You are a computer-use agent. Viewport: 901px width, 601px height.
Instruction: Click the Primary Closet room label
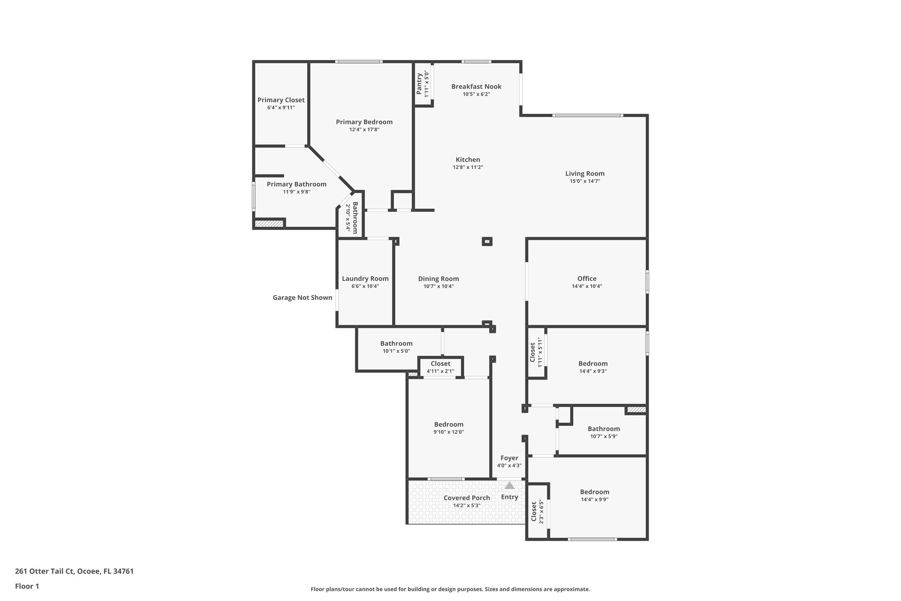(x=281, y=100)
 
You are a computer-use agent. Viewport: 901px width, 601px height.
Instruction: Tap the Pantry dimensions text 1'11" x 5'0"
(x=426, y=84)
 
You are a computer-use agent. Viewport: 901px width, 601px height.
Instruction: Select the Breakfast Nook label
(x=476, y=87)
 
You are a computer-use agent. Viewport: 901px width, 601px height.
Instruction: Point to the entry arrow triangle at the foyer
(x=509, y=486)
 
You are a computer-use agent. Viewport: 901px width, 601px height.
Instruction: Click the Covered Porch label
(x=466, y=498)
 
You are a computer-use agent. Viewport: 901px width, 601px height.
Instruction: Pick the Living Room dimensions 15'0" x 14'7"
(x=585, y=181)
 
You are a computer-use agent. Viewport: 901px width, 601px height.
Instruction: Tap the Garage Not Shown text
(x=302, y=298)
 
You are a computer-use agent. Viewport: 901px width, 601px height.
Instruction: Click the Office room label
(x=587, y=279)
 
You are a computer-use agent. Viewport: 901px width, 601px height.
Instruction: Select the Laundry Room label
(x=365, y=279)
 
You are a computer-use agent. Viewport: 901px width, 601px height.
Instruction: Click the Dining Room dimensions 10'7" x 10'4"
(x=438, y=286)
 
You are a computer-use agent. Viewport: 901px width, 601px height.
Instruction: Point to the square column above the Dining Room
(x=487, y=241)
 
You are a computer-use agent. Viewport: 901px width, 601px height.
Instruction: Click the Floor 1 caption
(x=27, y=586)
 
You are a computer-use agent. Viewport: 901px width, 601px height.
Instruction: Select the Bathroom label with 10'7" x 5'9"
(x=604, y=429)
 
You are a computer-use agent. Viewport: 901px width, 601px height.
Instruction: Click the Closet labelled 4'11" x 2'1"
(x=440, y=364)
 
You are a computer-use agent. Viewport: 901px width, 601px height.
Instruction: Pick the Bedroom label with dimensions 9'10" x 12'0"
(x=448, y=424)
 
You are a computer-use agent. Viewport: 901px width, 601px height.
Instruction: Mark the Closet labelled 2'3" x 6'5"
(x=534, y=512)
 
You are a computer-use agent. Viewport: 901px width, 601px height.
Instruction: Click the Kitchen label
(x=468, y=160)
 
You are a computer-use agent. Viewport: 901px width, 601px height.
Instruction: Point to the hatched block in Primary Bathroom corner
(x=269, y=224)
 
